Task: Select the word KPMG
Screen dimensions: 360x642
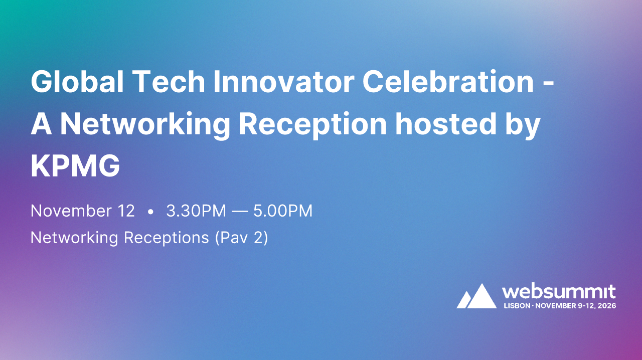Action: coord(75,167)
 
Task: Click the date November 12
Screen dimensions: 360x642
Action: coord(83,211)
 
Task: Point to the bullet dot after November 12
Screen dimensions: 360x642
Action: coord(150,212)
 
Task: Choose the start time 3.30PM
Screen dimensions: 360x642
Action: coord(196,211)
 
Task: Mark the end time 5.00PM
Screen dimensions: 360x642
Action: coord(283,211)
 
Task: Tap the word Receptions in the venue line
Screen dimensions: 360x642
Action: coord(166,238)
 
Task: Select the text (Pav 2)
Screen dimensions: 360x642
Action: coord(241,238)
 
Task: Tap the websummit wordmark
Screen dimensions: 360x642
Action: coord(559,291)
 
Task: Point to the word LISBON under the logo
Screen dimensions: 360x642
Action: coord(516,305)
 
